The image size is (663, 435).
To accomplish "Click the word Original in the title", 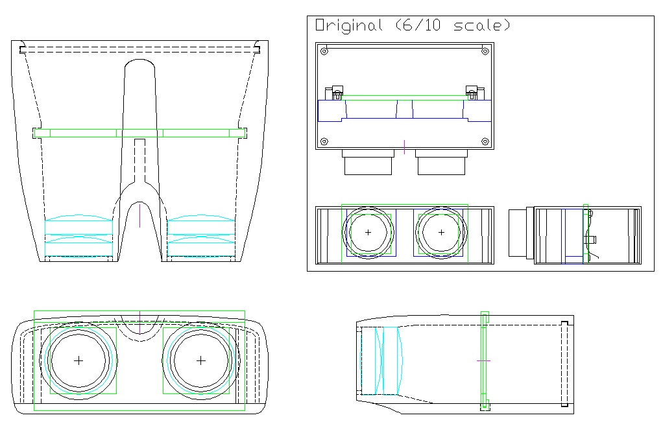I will point(348,26).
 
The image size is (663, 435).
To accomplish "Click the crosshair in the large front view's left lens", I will point(78,360).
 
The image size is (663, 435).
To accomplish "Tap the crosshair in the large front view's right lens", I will point(200,360).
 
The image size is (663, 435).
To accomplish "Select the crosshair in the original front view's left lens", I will point(368,232).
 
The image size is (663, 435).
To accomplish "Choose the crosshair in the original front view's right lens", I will point(442,232).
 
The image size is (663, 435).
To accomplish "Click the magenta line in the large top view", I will point(139,215).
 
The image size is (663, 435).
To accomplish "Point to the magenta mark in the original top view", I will point(404,147).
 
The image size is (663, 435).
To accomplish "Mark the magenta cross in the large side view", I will point(484,360).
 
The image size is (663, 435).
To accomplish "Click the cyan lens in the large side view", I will point(389,360).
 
